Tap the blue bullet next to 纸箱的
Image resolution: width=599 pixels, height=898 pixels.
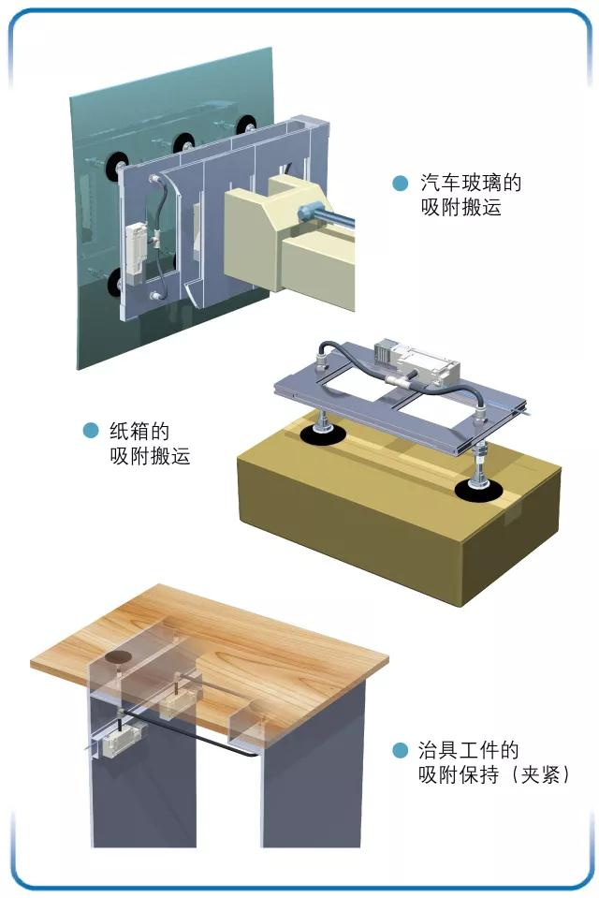click(x=91, y=431)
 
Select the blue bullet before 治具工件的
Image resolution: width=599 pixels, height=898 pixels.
click(x=401, y=751)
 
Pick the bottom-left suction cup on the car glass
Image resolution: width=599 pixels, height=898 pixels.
click(x=116, y=282)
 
